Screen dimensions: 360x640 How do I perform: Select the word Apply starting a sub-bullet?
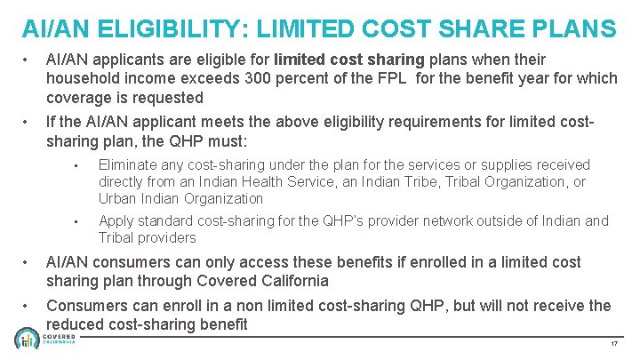(x=116, y=221)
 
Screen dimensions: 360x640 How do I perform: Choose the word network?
(x=422, y=221)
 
